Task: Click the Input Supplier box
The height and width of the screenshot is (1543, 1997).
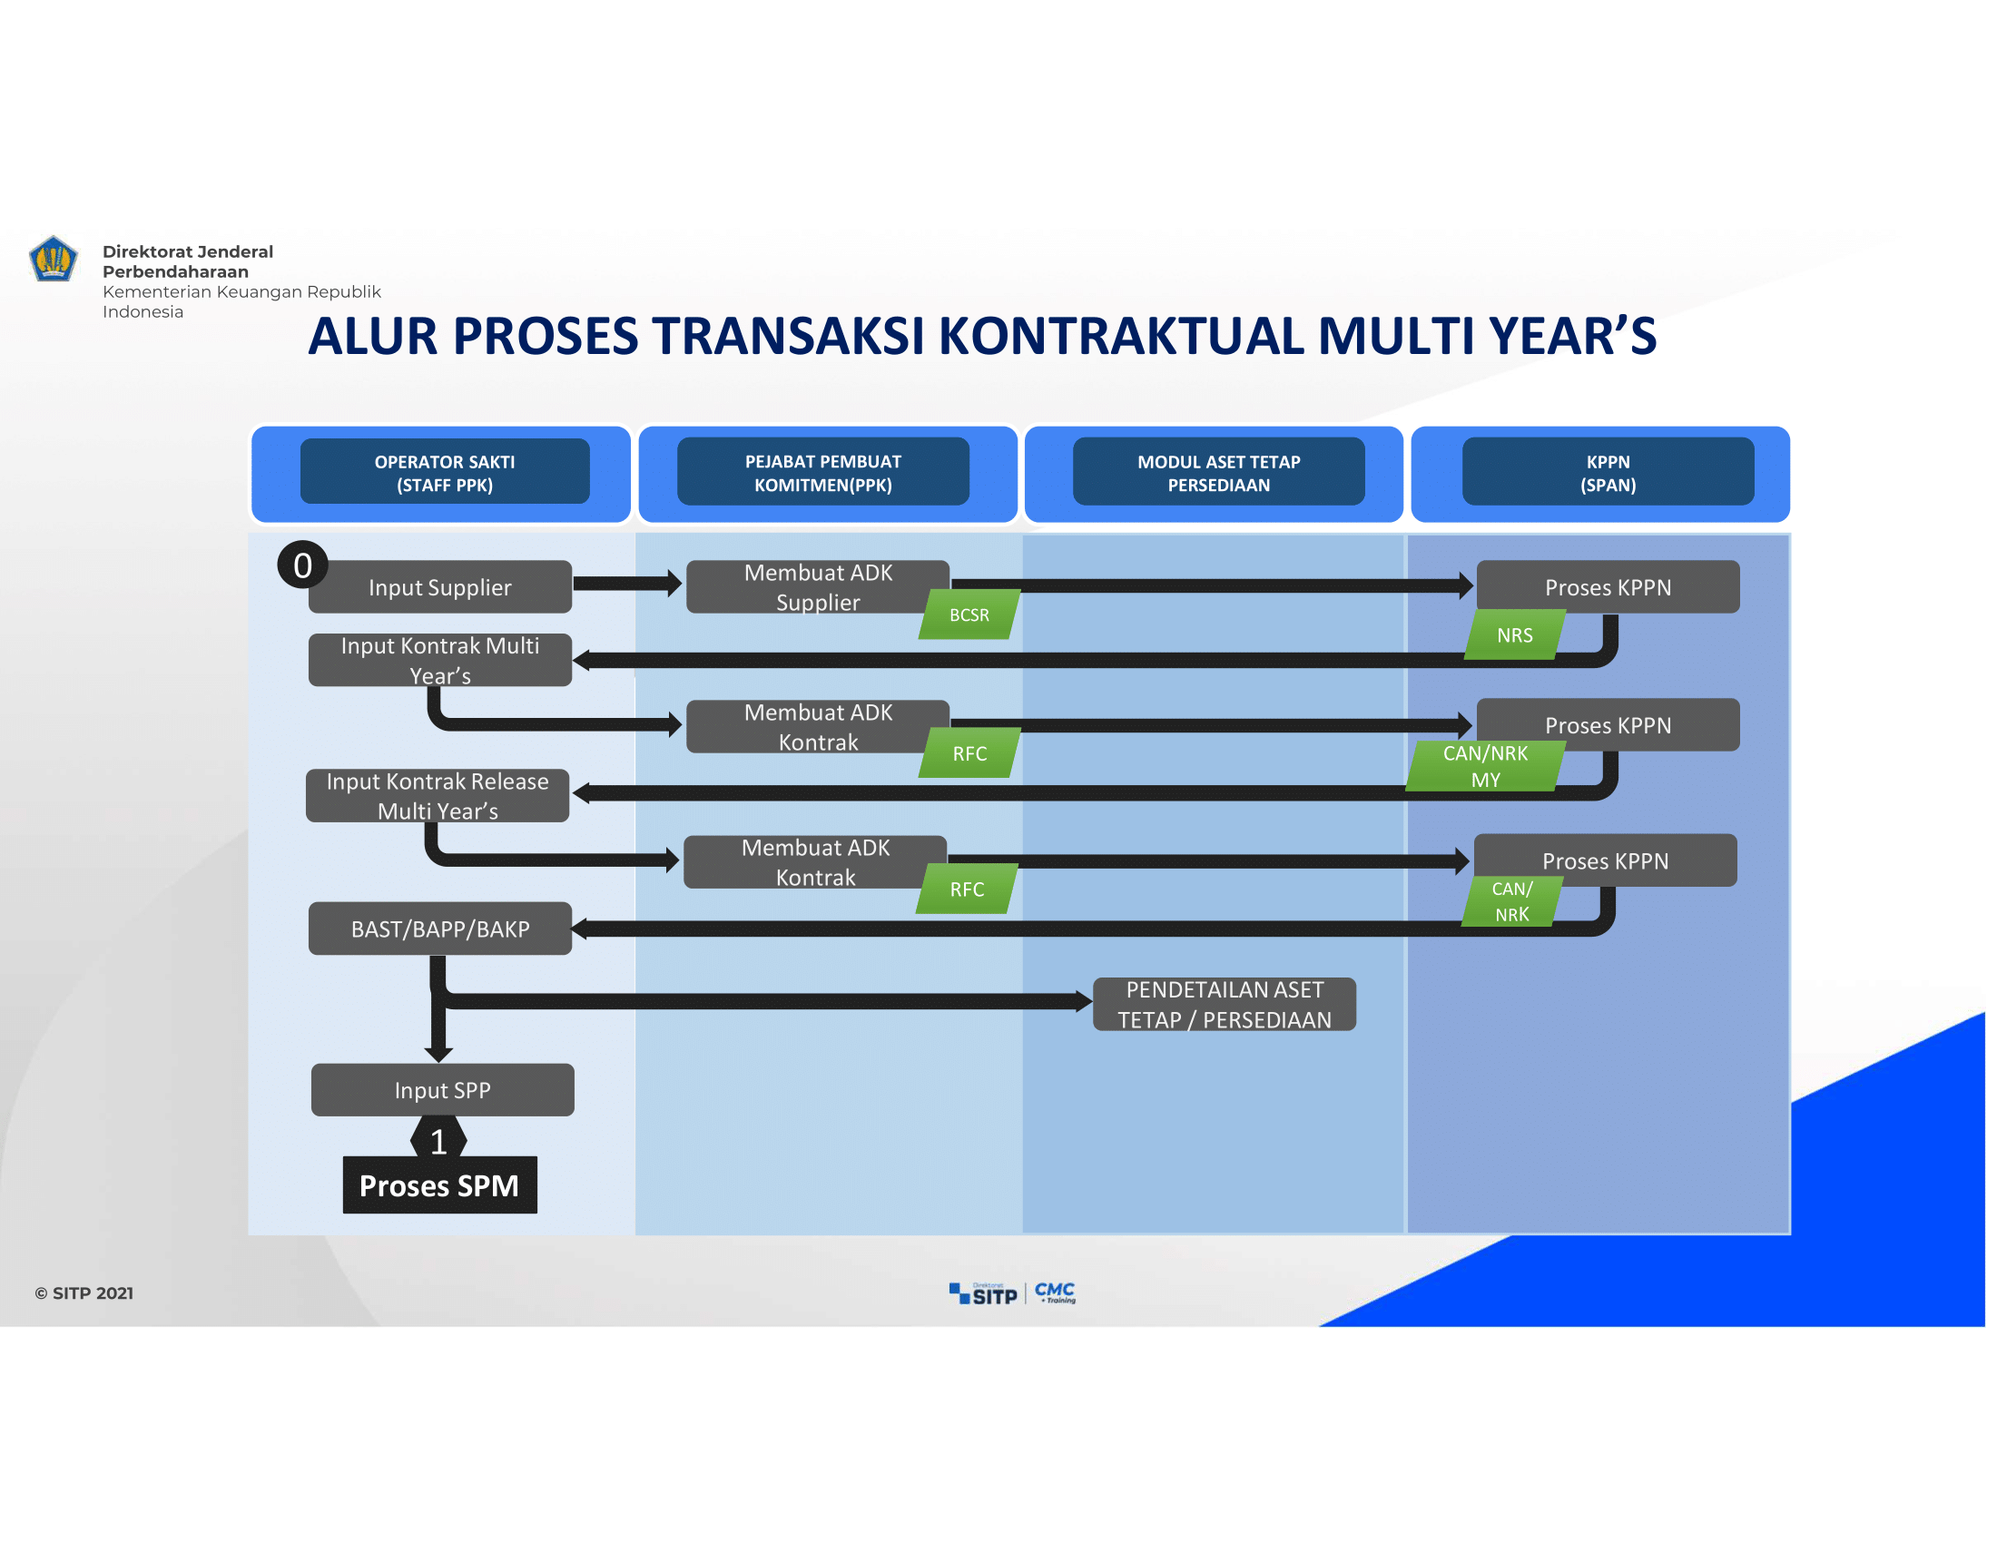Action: (x=440, y=587)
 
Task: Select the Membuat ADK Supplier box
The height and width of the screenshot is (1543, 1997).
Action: (x=818, y=587)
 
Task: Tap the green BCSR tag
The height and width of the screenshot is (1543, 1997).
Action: (x=969, y=614)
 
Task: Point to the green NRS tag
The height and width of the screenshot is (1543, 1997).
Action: (x=1514, y=635)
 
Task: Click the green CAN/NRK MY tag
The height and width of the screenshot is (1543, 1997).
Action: (x=1485, y=766)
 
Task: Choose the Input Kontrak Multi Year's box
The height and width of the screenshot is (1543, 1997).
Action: (x=440, y=660)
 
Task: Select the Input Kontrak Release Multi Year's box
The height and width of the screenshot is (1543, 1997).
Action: (x=438, y=795)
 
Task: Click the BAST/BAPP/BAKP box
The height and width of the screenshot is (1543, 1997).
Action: (x=440, y=929)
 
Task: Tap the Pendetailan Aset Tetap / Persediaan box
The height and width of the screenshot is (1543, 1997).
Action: (x=1225, y=1004)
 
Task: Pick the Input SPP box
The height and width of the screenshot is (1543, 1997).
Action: (x=443, y=1089)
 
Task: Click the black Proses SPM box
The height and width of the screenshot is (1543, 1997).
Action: (x=440, y=1184)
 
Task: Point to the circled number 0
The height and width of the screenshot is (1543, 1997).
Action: (x=302, y=565)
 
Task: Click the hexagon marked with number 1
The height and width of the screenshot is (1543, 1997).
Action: (x=439, y=1141)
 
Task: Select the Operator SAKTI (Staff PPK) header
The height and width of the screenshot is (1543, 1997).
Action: (x=445, y=473)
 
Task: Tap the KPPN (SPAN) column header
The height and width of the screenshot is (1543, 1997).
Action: (x=1608, y=473)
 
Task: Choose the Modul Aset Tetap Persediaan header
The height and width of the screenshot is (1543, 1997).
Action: (x=1219, y=473)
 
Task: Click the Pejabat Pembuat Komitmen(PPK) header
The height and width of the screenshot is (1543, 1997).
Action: (x=823, y=473)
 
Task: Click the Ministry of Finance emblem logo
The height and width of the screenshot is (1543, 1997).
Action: (x=53, y=259)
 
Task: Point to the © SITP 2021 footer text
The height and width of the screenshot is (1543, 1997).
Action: (x=84, y=1292)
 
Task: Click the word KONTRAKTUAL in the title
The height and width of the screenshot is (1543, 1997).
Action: (x=1121, y=336)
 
